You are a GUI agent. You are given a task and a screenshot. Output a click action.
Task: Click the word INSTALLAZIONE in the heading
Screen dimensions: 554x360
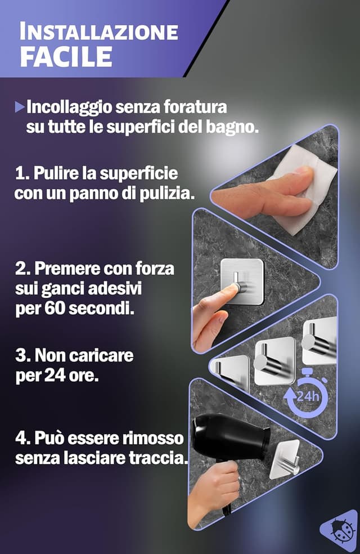coord(98,32)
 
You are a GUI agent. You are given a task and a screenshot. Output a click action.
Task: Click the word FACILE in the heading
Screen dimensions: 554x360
coord(66,56)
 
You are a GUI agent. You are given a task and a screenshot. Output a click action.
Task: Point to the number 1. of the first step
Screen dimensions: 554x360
coord(22,173)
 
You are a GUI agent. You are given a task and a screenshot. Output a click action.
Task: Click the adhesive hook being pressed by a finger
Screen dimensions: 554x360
coord(241,281)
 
